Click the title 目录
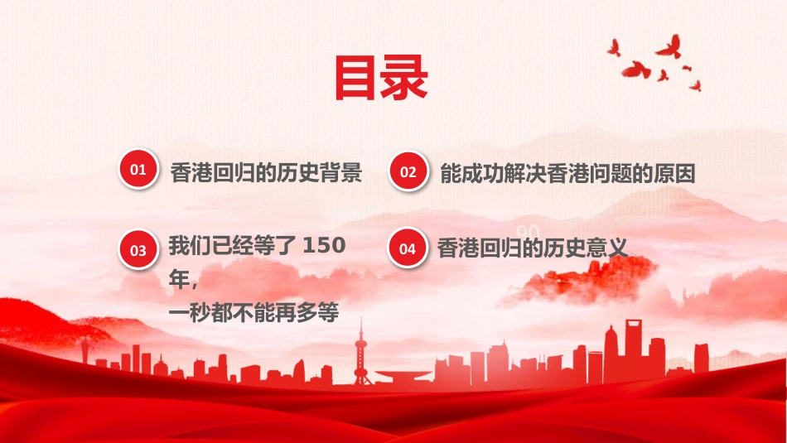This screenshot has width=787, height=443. (381, 78)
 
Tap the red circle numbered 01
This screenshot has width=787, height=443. (138, 169)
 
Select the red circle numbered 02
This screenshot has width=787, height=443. (408, 171)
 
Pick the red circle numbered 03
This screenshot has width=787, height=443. (138, 250)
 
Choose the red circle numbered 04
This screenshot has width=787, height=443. (408, 248)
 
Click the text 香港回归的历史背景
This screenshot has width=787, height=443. (266, 172)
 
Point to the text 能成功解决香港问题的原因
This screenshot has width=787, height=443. (567, 174)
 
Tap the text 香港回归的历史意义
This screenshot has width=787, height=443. (532, 248)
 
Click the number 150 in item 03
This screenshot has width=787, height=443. (324, 245)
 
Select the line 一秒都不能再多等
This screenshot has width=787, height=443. (254, 312)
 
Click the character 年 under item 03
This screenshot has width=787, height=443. (179, 279)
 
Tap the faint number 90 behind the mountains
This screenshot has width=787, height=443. (528, 232)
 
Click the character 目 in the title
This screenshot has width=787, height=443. (355, 78)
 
